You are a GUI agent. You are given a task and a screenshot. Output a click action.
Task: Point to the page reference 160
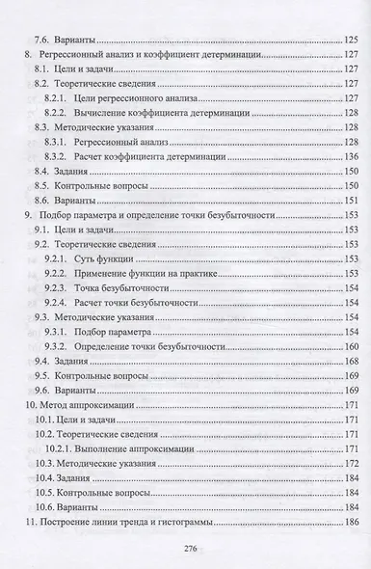(349, 345)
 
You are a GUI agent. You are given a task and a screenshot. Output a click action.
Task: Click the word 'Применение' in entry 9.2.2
(112, 275)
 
